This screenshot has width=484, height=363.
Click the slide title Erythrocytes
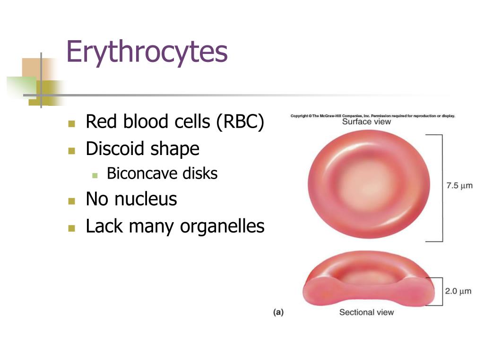coord(147,52)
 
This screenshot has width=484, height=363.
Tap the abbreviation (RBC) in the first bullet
coord(240,121)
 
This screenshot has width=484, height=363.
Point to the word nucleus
coord(146,199)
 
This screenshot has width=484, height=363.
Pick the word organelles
coord(222,227)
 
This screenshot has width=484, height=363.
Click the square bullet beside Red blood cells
coord(72,124)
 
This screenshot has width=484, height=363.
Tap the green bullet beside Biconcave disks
coord(95,176)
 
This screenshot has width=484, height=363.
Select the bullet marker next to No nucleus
coord(72,201)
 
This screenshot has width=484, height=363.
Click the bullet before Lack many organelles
coord(72,228)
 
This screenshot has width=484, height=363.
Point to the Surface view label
coord(366,121)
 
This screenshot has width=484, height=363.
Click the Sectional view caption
coord(366,312)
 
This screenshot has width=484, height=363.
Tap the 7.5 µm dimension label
coord(459,185)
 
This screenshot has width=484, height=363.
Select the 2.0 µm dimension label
coord(458,291)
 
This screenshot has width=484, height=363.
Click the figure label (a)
coord(278,312)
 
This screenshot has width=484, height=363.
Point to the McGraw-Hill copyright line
coord(372,116)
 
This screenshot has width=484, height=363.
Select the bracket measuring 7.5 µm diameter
coord(442,188)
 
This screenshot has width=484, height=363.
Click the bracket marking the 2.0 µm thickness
coord(442,292)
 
